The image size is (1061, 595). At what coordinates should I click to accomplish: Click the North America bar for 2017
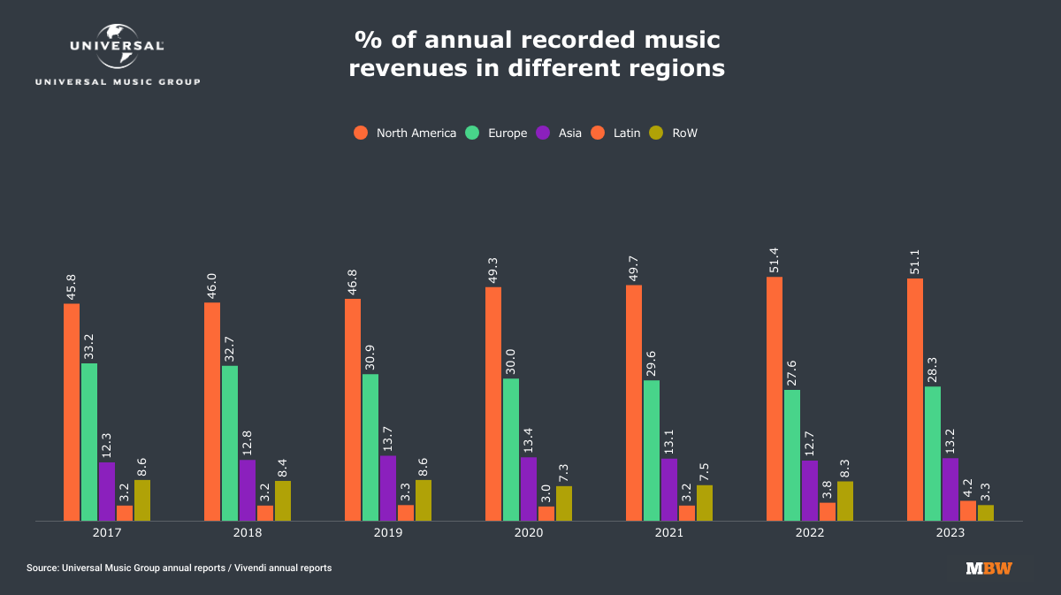[72, 412]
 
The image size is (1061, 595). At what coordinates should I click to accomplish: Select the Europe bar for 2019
[370, 447]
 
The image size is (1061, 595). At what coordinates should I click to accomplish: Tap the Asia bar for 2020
[529, 489]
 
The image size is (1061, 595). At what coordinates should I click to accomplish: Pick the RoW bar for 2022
[845, 501]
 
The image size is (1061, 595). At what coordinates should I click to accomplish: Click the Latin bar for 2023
[968, 511]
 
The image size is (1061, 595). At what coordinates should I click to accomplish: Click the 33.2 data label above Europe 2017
[89, 344]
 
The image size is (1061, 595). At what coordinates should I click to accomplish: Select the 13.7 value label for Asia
[388, 437]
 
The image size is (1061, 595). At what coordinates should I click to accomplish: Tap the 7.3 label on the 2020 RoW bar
[564, 472]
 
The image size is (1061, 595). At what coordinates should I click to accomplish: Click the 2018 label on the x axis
[248, 533]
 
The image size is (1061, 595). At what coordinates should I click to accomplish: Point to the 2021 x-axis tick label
[669, 533]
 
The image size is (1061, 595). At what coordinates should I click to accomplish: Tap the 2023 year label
[950, 533]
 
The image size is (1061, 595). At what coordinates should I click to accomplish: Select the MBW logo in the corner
[989, 568]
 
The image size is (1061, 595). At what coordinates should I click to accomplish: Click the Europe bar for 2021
[652, 450]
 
